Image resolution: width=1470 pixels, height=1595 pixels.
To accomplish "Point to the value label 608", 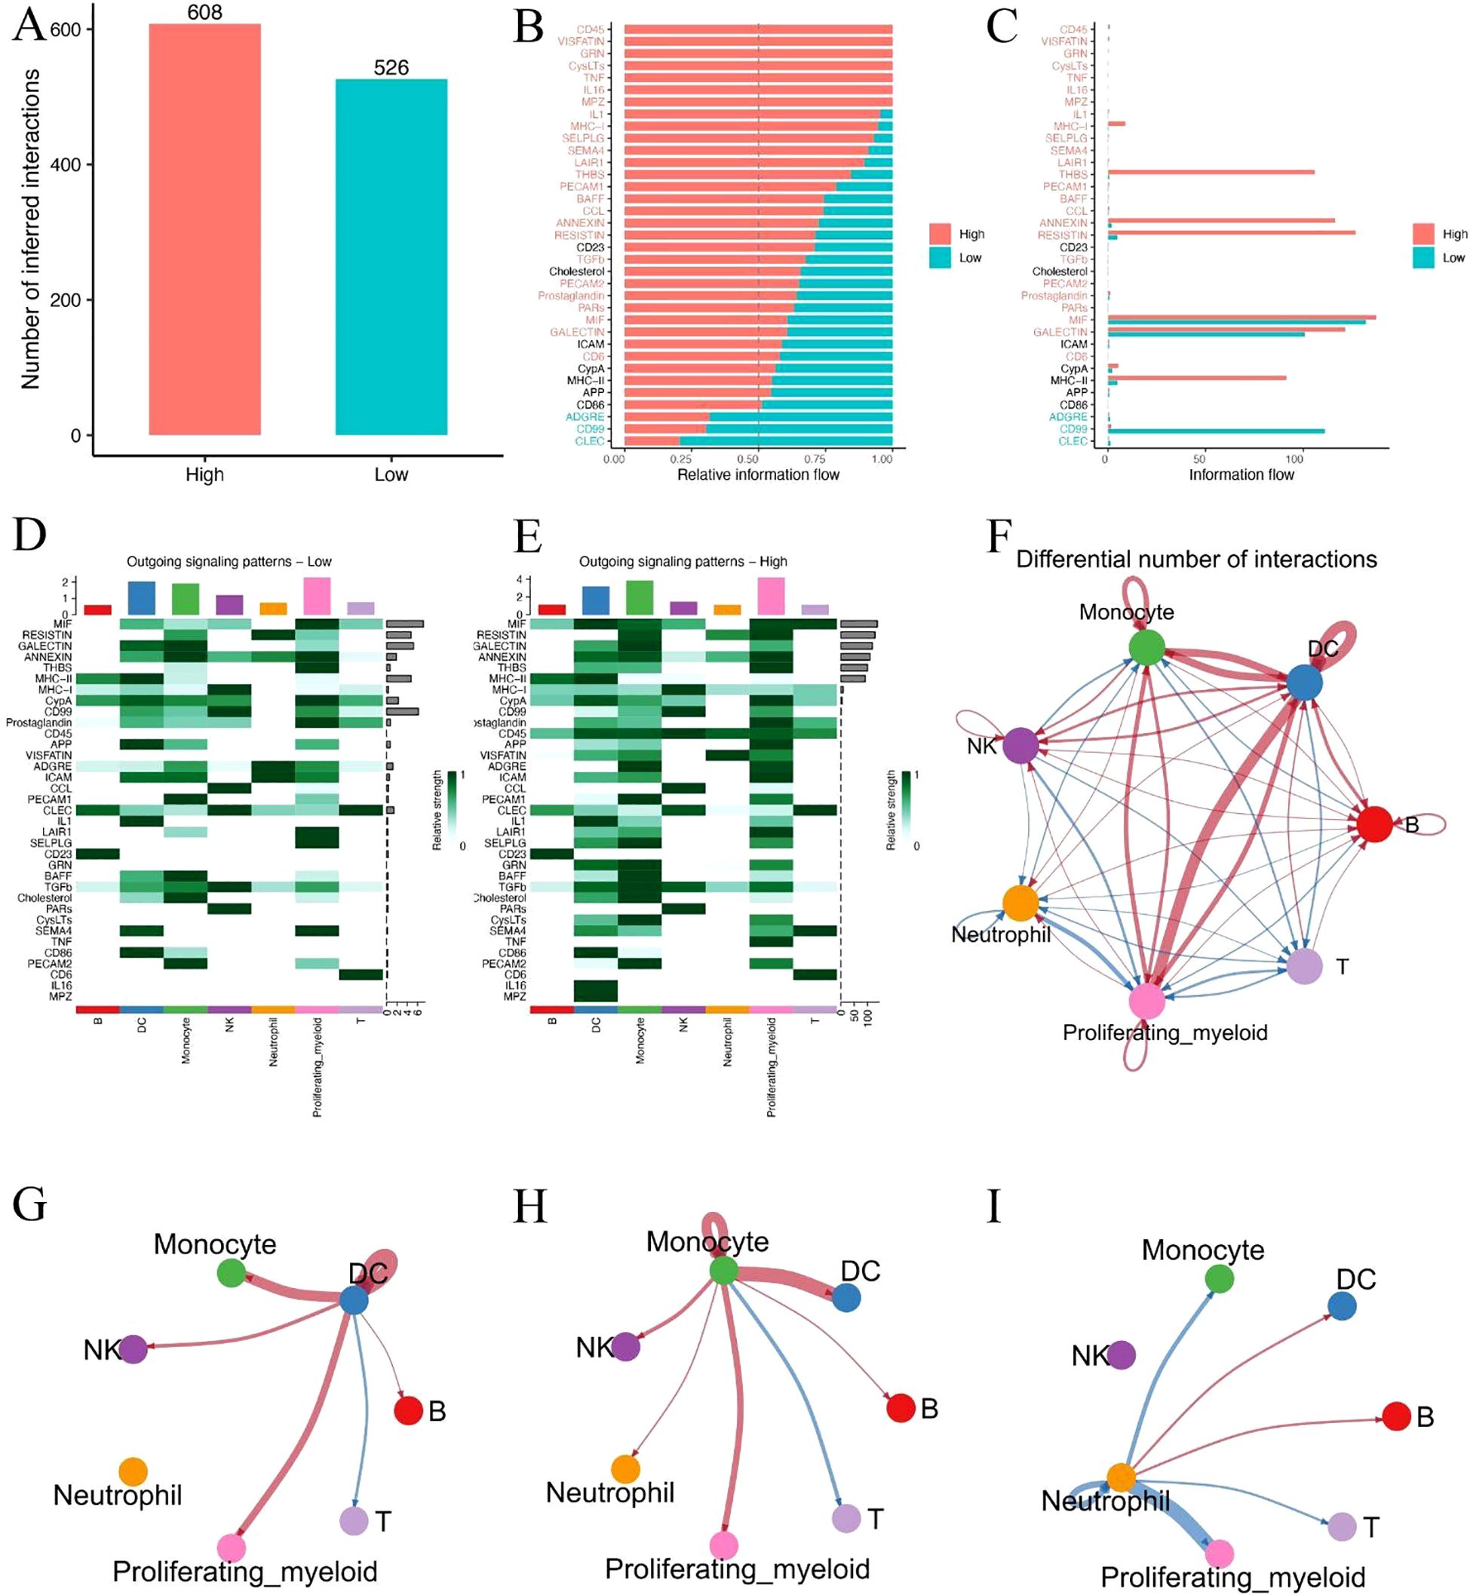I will (x=204, y=13).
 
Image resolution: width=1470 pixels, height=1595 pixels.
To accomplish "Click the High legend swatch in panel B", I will (x=940, y=234).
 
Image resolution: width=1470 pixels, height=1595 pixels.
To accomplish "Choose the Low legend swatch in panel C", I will (x=1423, y=258).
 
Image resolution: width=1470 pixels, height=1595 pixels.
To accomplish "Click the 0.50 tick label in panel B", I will (x=747, y=459).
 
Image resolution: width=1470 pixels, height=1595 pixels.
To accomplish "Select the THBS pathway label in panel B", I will (x=591, y=174).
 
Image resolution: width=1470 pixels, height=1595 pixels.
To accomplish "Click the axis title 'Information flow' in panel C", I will (x=1241, y=475).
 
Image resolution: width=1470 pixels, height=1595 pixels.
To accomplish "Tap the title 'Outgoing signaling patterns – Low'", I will (x=229, y=562).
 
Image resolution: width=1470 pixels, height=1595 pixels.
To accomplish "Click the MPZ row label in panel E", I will (x=514, y=996).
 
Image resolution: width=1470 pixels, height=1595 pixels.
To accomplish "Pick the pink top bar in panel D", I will (x=317, y=596).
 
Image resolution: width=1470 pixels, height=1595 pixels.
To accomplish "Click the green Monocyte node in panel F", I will (x=1146, y=647).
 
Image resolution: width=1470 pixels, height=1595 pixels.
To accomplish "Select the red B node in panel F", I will (x=1373, y=824).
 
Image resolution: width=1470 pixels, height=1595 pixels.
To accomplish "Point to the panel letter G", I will (x=29, y=1206).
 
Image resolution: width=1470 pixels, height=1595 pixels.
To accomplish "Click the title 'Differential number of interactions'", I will (x=1196, y=560).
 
